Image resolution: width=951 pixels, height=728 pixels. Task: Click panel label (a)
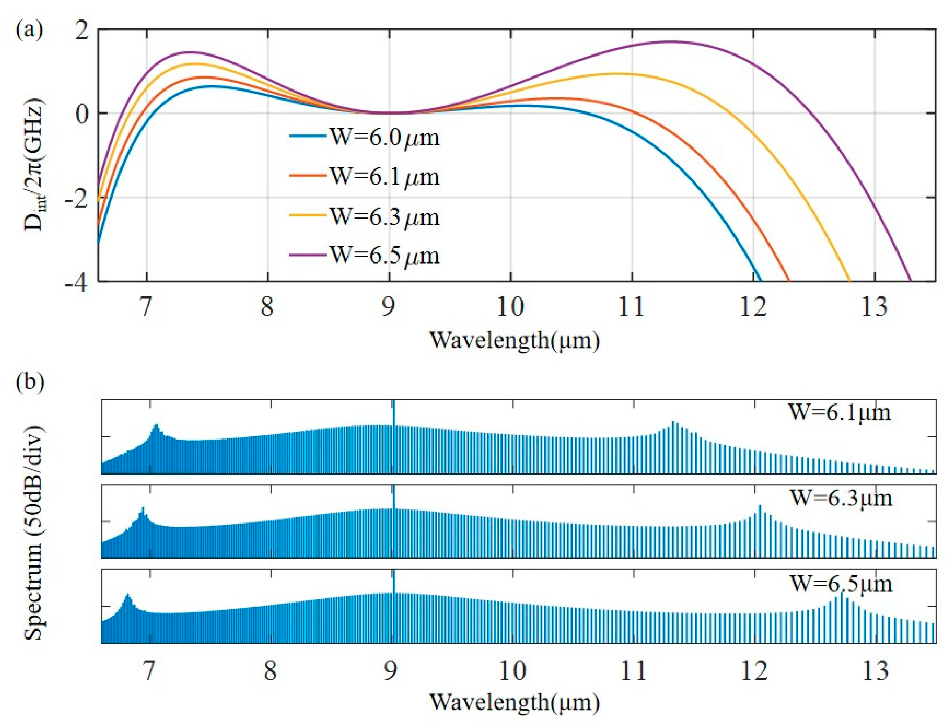pyautogui.click(x=29, y=32)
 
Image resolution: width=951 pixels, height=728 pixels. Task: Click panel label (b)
pyautogui.click(x=29, y=383)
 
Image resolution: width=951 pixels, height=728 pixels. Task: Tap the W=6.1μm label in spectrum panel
pyautogui.click(x=839, y=412)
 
